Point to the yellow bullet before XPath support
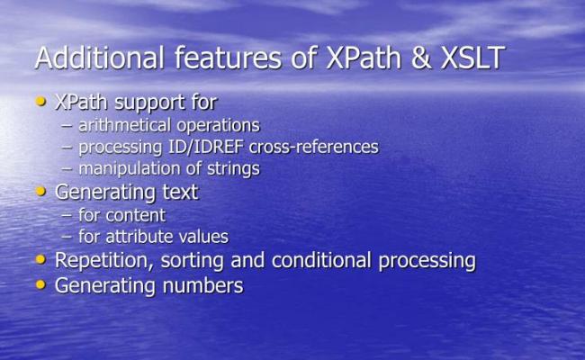pos(40,102)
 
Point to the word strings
pos(232,168)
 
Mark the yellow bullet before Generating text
pos(40,191)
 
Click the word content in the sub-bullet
pos(135,215)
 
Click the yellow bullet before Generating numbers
pos(40,285)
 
